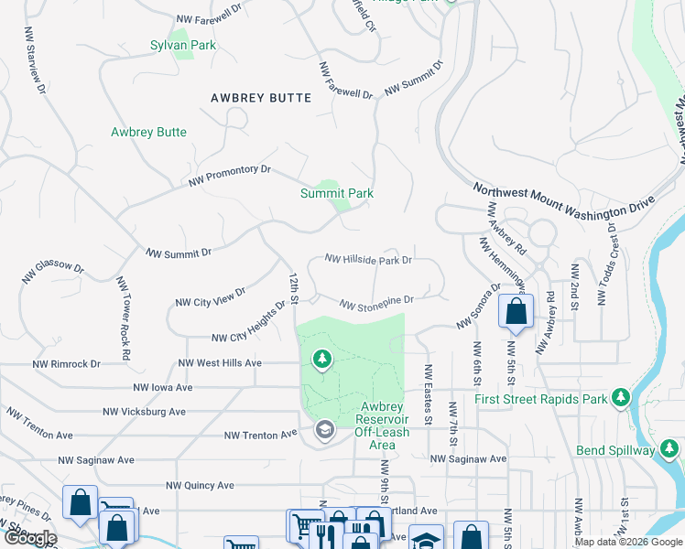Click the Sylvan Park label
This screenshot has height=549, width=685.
(183, 45)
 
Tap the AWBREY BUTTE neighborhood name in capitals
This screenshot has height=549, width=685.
(261, 98)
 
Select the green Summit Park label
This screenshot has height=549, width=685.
(337, 193)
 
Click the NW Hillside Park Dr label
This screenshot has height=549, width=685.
(369, 260)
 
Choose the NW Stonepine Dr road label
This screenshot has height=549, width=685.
(376, 302)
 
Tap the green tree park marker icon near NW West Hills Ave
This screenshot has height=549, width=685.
(321, 361)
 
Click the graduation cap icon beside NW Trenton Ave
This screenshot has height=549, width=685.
(324, 430)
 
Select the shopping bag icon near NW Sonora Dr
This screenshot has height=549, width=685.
(516, 311)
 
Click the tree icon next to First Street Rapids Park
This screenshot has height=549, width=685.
(622, 397)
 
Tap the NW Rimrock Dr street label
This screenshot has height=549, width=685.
(66, 363)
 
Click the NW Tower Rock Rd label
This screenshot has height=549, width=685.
(123, 310)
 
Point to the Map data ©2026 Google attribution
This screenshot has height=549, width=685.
(627, 542)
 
